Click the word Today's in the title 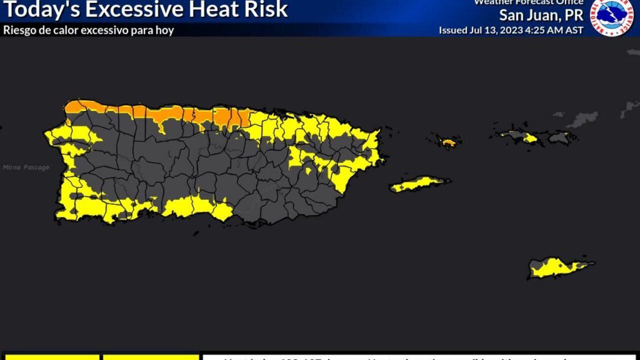tap(37, 10)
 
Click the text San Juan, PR tap(541, 15)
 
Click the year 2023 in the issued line tap(510, 30)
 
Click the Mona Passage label tap(26, 167)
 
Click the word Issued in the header tap(453, 30)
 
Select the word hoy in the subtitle tap(165, 30)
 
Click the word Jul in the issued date tap(475, 30)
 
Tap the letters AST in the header tap(574, 30)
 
